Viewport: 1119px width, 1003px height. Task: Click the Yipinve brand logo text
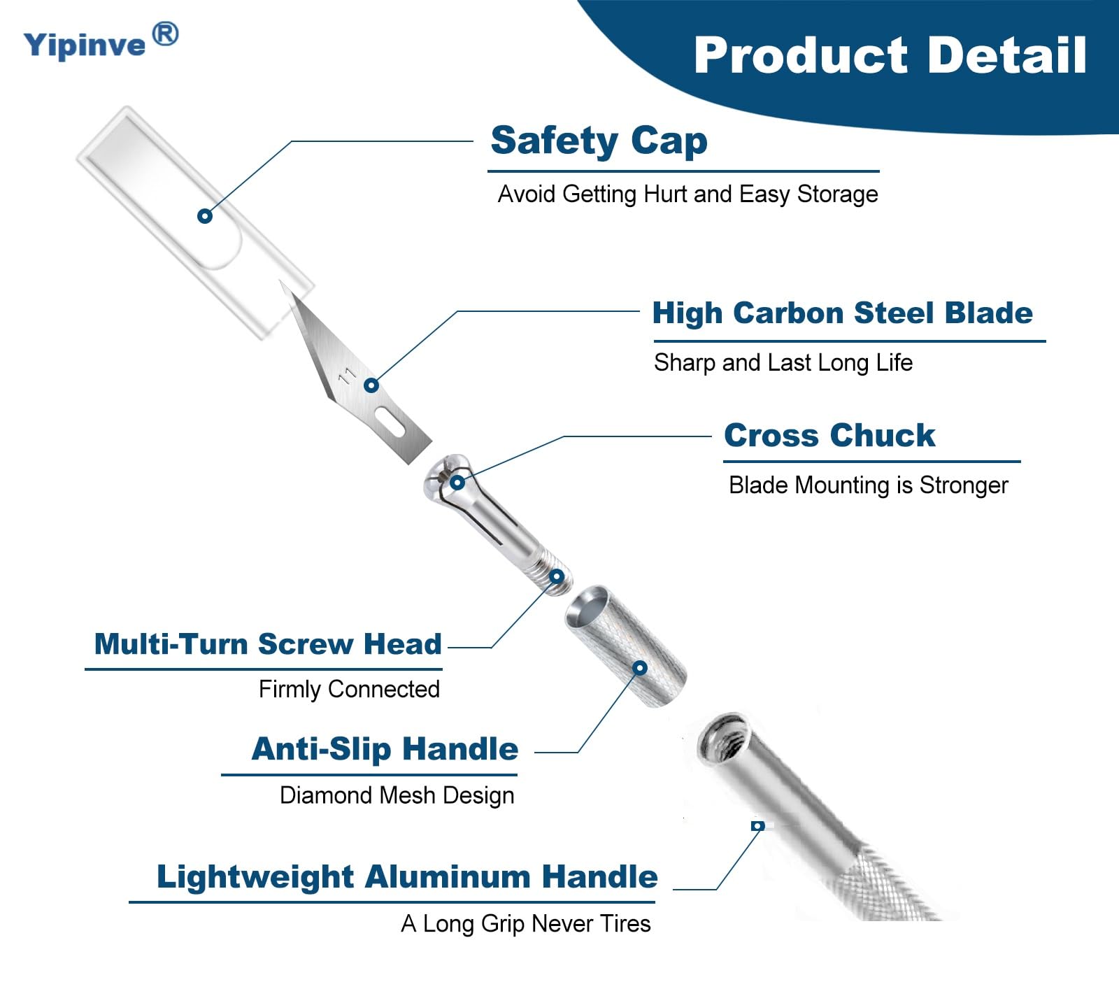point(85,45)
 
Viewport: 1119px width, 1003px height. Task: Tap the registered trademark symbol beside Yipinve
point(165,34)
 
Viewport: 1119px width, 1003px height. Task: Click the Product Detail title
point(890,55)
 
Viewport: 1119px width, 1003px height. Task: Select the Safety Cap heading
point(599,141)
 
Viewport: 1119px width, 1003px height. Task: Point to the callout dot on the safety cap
point(204,215)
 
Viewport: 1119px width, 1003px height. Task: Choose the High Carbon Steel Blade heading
point(842,313)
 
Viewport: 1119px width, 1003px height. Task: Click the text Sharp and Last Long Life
point(783,362)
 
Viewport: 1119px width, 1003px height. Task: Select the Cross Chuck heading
point(829,435)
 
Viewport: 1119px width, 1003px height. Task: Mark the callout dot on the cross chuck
point(457,482)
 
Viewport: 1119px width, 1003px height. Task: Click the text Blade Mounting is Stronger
point(869,485)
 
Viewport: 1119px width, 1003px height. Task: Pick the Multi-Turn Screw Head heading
point(268,643)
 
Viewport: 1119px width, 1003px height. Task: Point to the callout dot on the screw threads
point(557,577)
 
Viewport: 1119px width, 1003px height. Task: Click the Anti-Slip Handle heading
point(385,749)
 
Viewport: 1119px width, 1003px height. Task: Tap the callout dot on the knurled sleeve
point(639,668)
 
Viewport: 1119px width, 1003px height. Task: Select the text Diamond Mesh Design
point(397,795)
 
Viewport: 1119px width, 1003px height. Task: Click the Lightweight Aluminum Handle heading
point(407,877)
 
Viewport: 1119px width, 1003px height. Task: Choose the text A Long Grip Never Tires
point(526,923)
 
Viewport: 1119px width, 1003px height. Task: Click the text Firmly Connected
point(350,689)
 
